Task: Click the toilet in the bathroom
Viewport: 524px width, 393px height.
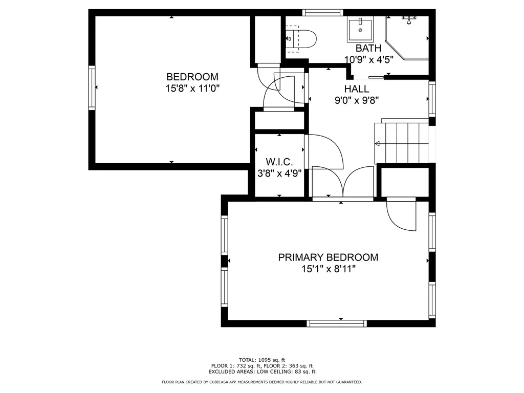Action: [301, 39]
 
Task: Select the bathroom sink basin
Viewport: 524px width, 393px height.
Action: [360, 29]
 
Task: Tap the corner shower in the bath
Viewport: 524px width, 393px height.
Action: [407, 38]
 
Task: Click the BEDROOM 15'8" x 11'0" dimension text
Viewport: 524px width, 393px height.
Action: [192, 89]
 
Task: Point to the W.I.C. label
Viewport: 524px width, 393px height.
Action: [279, 162]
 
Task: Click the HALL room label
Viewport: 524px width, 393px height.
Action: [357, 89]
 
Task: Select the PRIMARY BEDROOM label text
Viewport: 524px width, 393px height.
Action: [328, 257]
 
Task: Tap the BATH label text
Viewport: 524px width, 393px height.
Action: [368, 48]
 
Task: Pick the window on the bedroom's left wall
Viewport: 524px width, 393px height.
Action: [92, 88]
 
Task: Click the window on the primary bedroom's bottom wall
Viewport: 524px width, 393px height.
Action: [337, 323]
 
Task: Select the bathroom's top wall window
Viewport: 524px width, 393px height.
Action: [323, 13]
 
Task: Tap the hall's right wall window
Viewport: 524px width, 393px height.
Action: [432, 99]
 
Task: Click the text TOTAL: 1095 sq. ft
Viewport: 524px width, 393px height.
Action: [262, 360]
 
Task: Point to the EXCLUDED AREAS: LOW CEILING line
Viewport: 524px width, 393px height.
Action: [262, 372]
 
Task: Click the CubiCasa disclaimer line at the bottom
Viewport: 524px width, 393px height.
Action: [262, 382]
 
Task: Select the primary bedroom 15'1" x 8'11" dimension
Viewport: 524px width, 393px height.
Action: [328, 269]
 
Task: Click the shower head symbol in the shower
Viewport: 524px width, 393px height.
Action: [408, 19]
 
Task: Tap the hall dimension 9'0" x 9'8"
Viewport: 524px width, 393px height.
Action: [357, 100]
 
